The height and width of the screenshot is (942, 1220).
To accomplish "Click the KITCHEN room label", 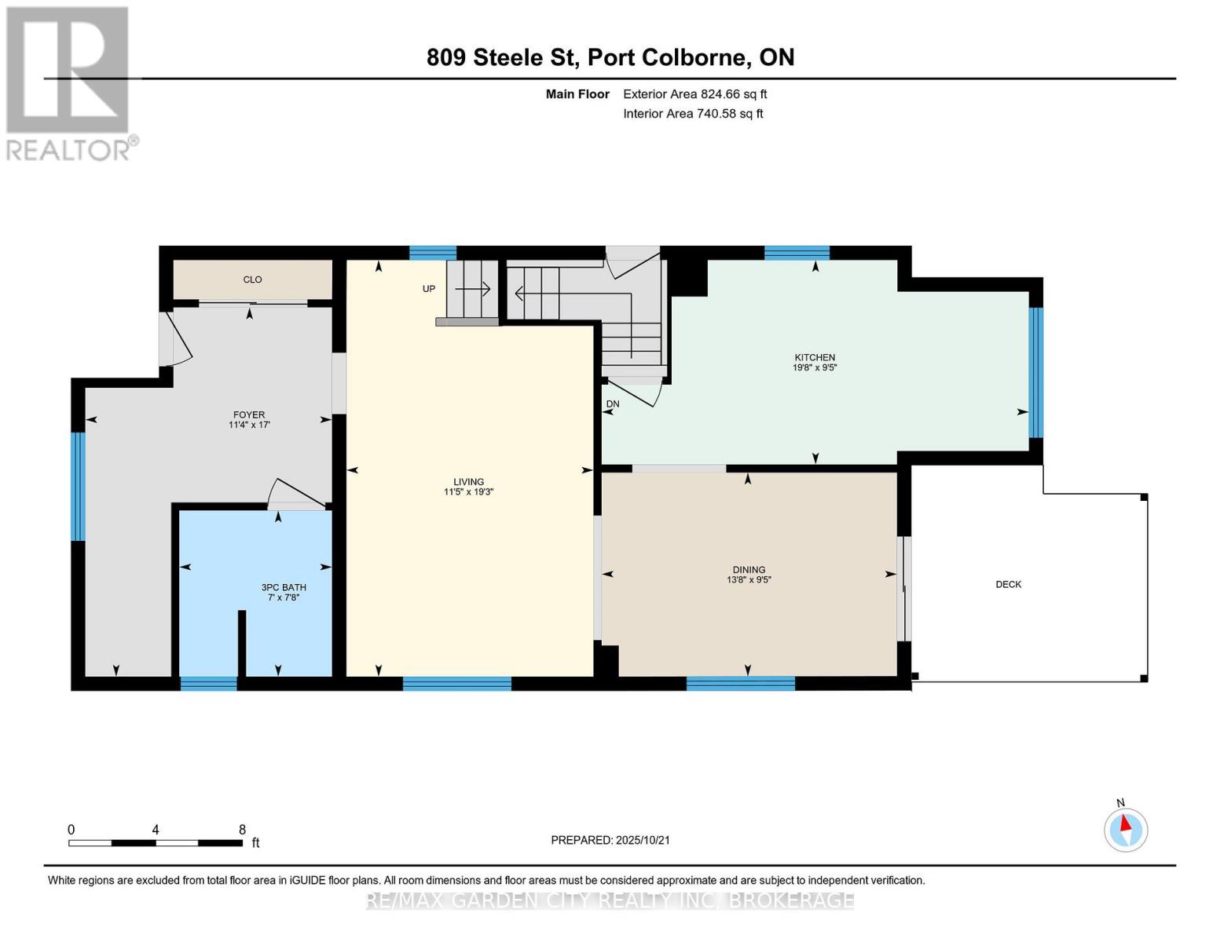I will pyautogui.click(x=815, y=357).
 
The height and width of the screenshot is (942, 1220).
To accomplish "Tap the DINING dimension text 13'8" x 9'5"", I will pyautogui.click(x=749, y=580).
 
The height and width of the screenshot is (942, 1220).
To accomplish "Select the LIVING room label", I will pyautogui.click(x=468, y=482).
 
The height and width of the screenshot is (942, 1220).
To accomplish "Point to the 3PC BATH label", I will pyautogui.click(x=284, y=587).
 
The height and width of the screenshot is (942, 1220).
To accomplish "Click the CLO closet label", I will pyautogui.click(x=252, y=279).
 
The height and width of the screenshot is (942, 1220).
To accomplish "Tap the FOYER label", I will pyautogui.click(x=249, y=414).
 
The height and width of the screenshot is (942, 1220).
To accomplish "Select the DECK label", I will pyautogui.click(x=1008, y=584).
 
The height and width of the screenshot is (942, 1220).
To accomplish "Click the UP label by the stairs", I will pyautogui.click(x=429, y=289).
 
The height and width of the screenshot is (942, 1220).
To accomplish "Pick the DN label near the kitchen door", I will pyautogui.click(x=613, y=404).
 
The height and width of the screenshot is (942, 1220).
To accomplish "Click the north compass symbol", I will pyautogui.click(x=1126, y=829).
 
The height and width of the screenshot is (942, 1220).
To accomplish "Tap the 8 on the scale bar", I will pyautogui.click(x=242, y=830).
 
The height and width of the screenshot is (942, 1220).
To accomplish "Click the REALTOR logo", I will pyautogui.click(x=69, y=82).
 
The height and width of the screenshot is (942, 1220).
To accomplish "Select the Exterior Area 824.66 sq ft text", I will pyautogui.click(x=694, y=94).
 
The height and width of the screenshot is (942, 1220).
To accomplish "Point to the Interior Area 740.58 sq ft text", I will pyautogui.click(x=693, y=114).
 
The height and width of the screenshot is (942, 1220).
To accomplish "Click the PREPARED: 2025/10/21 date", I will pyautogui.click(x=610, y=840).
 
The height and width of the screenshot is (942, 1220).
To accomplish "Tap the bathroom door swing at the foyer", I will pyautogui.click(x=295, y=495).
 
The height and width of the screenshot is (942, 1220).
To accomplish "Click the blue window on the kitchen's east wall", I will pyautogui.click(x=1036, y=372).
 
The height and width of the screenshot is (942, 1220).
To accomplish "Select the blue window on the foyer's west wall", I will pyautogui.click(x=77, y=487).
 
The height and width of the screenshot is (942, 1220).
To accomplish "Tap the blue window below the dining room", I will pyautogui.click(x=740, y=683).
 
